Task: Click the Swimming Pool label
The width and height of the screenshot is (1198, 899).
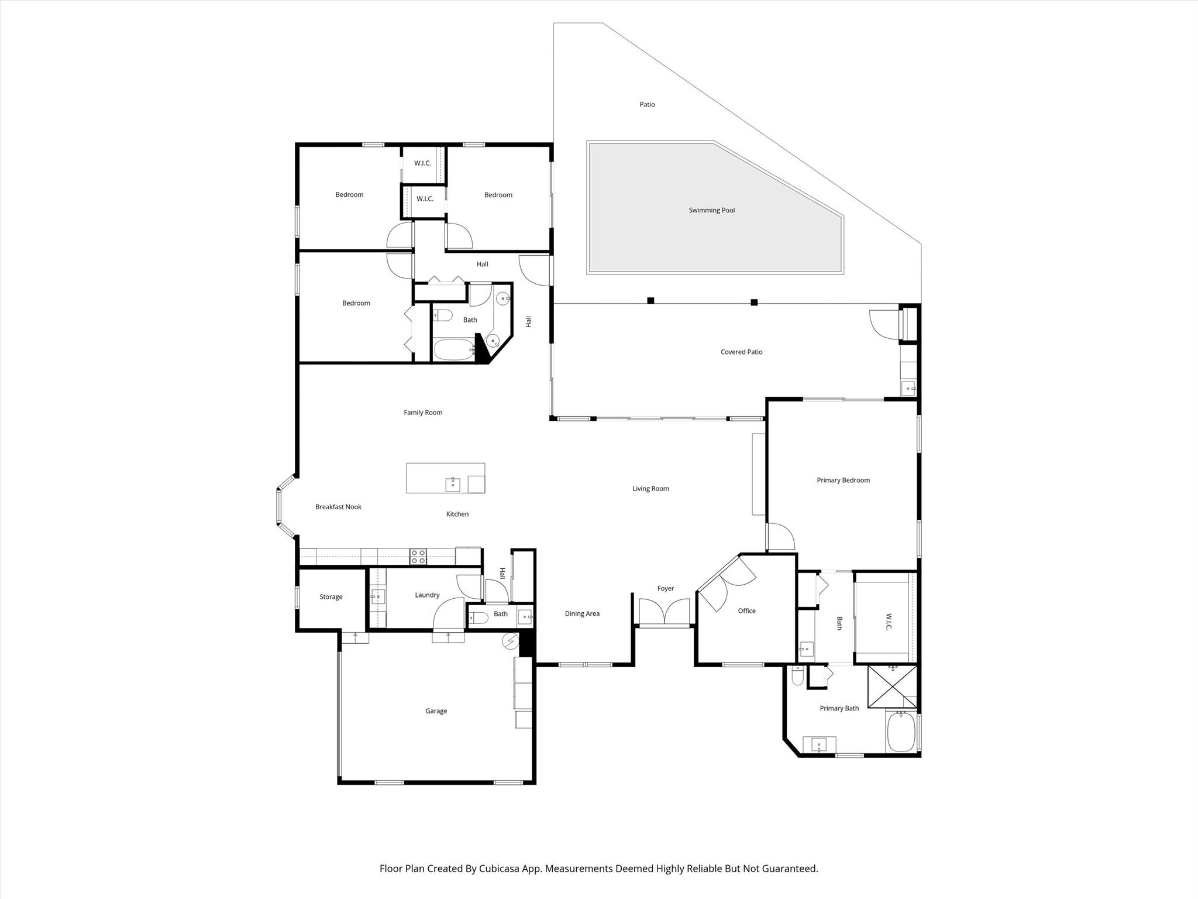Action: (711, 210)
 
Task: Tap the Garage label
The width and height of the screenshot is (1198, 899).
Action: (436, 711)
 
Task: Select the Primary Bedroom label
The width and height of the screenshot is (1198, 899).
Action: (843, 480)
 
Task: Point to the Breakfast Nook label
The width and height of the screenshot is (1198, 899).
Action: (338, 507)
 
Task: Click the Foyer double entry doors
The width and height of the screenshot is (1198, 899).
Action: (665, 612)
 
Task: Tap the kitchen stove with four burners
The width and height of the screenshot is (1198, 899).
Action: (418, 557)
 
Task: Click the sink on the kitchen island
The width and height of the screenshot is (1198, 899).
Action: (453, 485)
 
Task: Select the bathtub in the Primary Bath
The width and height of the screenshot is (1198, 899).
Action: (901, 731)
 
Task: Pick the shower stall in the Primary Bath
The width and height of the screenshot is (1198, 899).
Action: (892, 687)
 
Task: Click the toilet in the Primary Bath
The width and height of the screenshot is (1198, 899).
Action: (797, 676)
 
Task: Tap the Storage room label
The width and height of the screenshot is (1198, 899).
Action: (331, 597)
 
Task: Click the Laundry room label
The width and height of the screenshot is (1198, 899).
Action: (427, 595)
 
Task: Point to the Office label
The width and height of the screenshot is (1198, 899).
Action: (746, 611)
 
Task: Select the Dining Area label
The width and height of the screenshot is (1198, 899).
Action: (582, 614)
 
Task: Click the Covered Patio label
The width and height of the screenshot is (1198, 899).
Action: (741, 352)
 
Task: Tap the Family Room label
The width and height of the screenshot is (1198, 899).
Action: (423, 413)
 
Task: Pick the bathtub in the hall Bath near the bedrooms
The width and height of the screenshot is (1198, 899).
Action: (454, 350)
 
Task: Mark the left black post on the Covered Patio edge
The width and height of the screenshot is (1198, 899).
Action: (650, 301)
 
